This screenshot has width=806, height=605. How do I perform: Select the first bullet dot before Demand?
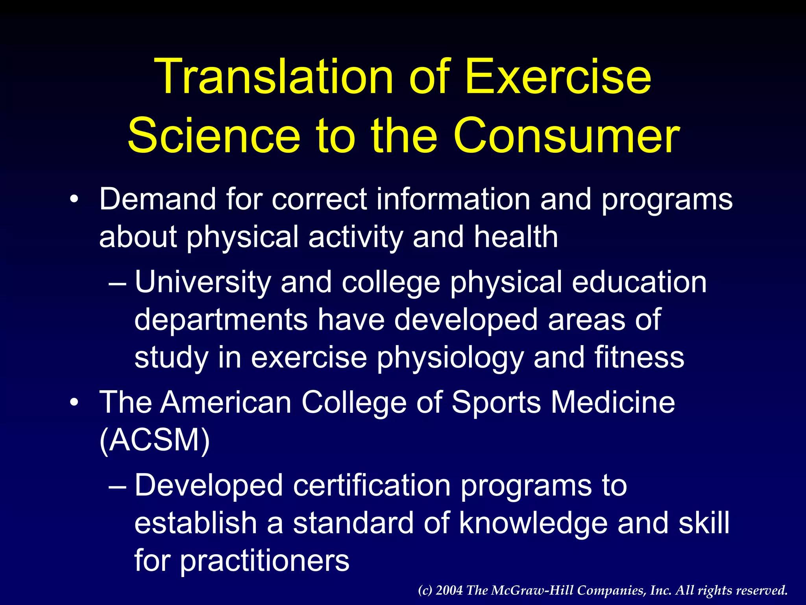74,199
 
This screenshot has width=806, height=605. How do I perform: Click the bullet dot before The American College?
74,403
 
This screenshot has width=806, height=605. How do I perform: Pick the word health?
516,237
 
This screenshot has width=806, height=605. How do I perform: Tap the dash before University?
117,284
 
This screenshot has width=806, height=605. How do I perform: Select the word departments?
221,320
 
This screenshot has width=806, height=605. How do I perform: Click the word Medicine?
612,403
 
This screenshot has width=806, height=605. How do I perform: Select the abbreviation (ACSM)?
155,440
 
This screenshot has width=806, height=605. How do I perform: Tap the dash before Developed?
117,487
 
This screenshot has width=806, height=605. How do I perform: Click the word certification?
372,485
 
